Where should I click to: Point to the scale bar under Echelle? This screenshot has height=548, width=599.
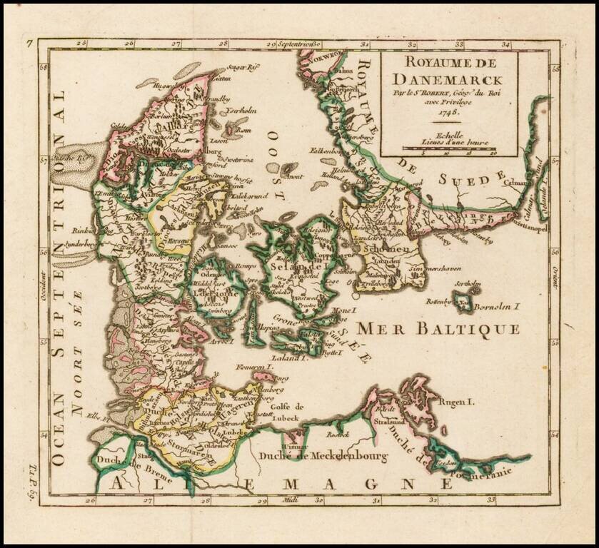tap(450, 148)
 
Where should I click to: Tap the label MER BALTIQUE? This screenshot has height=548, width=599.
tap(438, 328)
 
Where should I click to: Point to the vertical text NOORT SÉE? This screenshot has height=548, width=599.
tap(76, 350)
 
